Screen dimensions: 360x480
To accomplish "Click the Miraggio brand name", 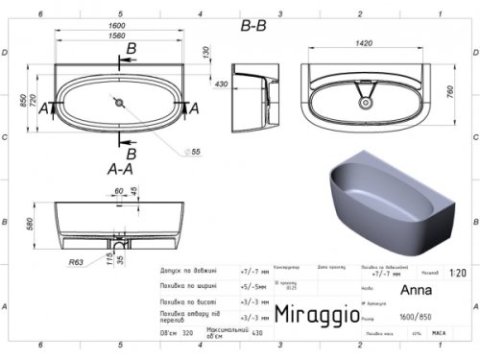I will (x=318, y=313).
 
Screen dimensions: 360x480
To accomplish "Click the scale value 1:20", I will (x=457, y=272).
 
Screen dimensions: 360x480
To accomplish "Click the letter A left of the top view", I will (x=43, y=110).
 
